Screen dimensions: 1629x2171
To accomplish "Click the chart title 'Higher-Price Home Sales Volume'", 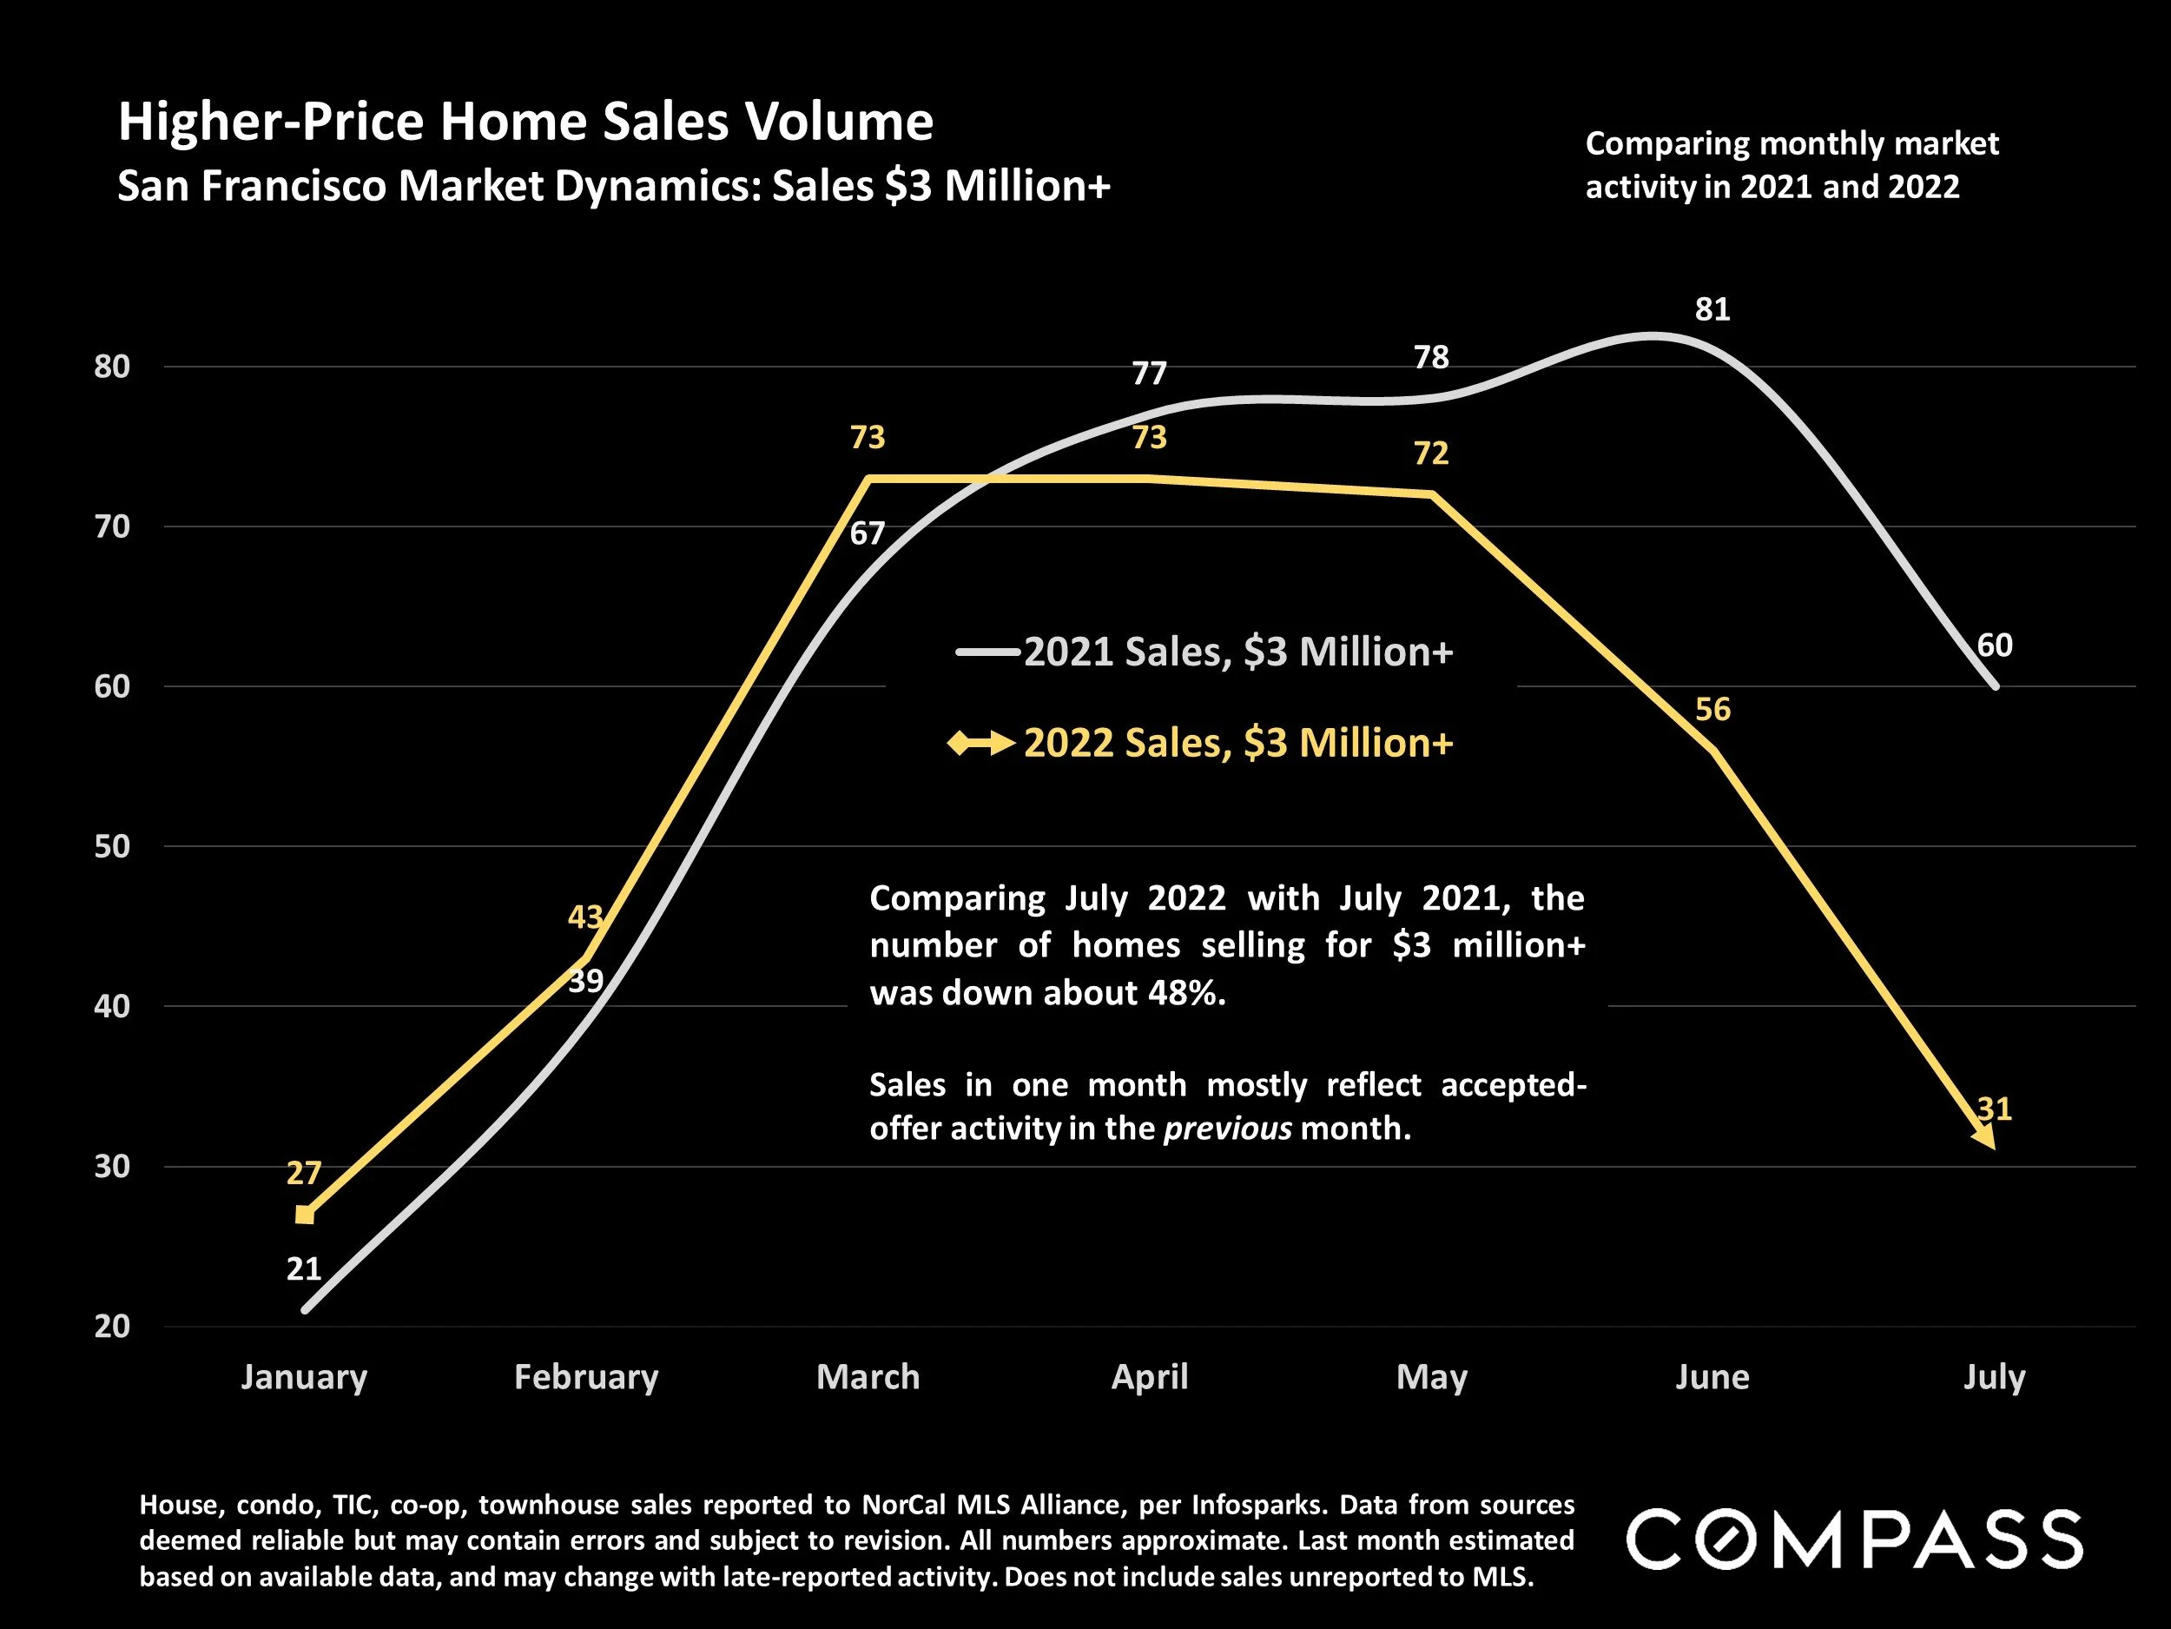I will point(525,123).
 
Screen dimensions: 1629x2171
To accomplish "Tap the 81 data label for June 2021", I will point(1712,309).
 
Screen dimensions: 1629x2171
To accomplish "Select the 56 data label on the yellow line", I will point(1712,709).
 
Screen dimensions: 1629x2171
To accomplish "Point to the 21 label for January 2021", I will point(303,1268).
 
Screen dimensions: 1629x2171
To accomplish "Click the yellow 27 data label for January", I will point(303,1172).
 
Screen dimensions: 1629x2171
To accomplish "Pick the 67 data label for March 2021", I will point(867,533).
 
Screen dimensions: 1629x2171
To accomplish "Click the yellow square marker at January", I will point(305,1215).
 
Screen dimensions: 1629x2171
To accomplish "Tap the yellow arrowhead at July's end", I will point(1984,1137).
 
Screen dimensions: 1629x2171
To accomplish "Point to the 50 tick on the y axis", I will point(112,846).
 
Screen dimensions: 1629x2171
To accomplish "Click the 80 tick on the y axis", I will point(112,367).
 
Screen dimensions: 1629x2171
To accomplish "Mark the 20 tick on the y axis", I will point(112,1326).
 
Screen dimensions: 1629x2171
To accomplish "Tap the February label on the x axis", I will point(586,1377).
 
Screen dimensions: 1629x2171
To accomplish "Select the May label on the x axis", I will point(1431,1377).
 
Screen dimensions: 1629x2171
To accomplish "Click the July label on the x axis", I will point(1993,1377).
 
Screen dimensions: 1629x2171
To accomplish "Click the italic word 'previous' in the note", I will point(1227,1129).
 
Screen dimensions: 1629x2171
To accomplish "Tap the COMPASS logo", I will point(1854,1539).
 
